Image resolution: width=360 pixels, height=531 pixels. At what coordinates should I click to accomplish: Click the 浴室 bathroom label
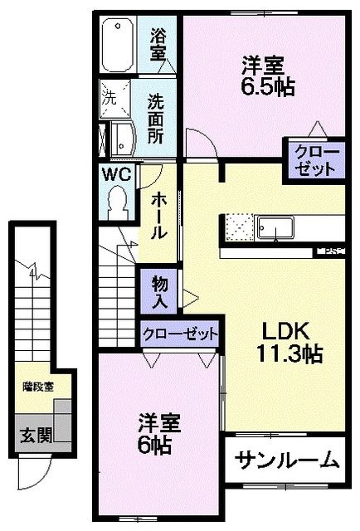(158, 46)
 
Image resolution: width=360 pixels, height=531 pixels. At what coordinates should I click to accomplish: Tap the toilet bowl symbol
(117, 202)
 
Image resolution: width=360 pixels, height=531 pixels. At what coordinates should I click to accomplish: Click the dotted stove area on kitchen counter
(236, 226)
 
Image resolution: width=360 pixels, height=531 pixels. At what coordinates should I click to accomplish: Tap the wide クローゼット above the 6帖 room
(179, 334)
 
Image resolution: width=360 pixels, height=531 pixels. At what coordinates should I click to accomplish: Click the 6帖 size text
(155, 446)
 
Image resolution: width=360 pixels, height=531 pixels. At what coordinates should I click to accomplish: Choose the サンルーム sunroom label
(286, 459)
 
